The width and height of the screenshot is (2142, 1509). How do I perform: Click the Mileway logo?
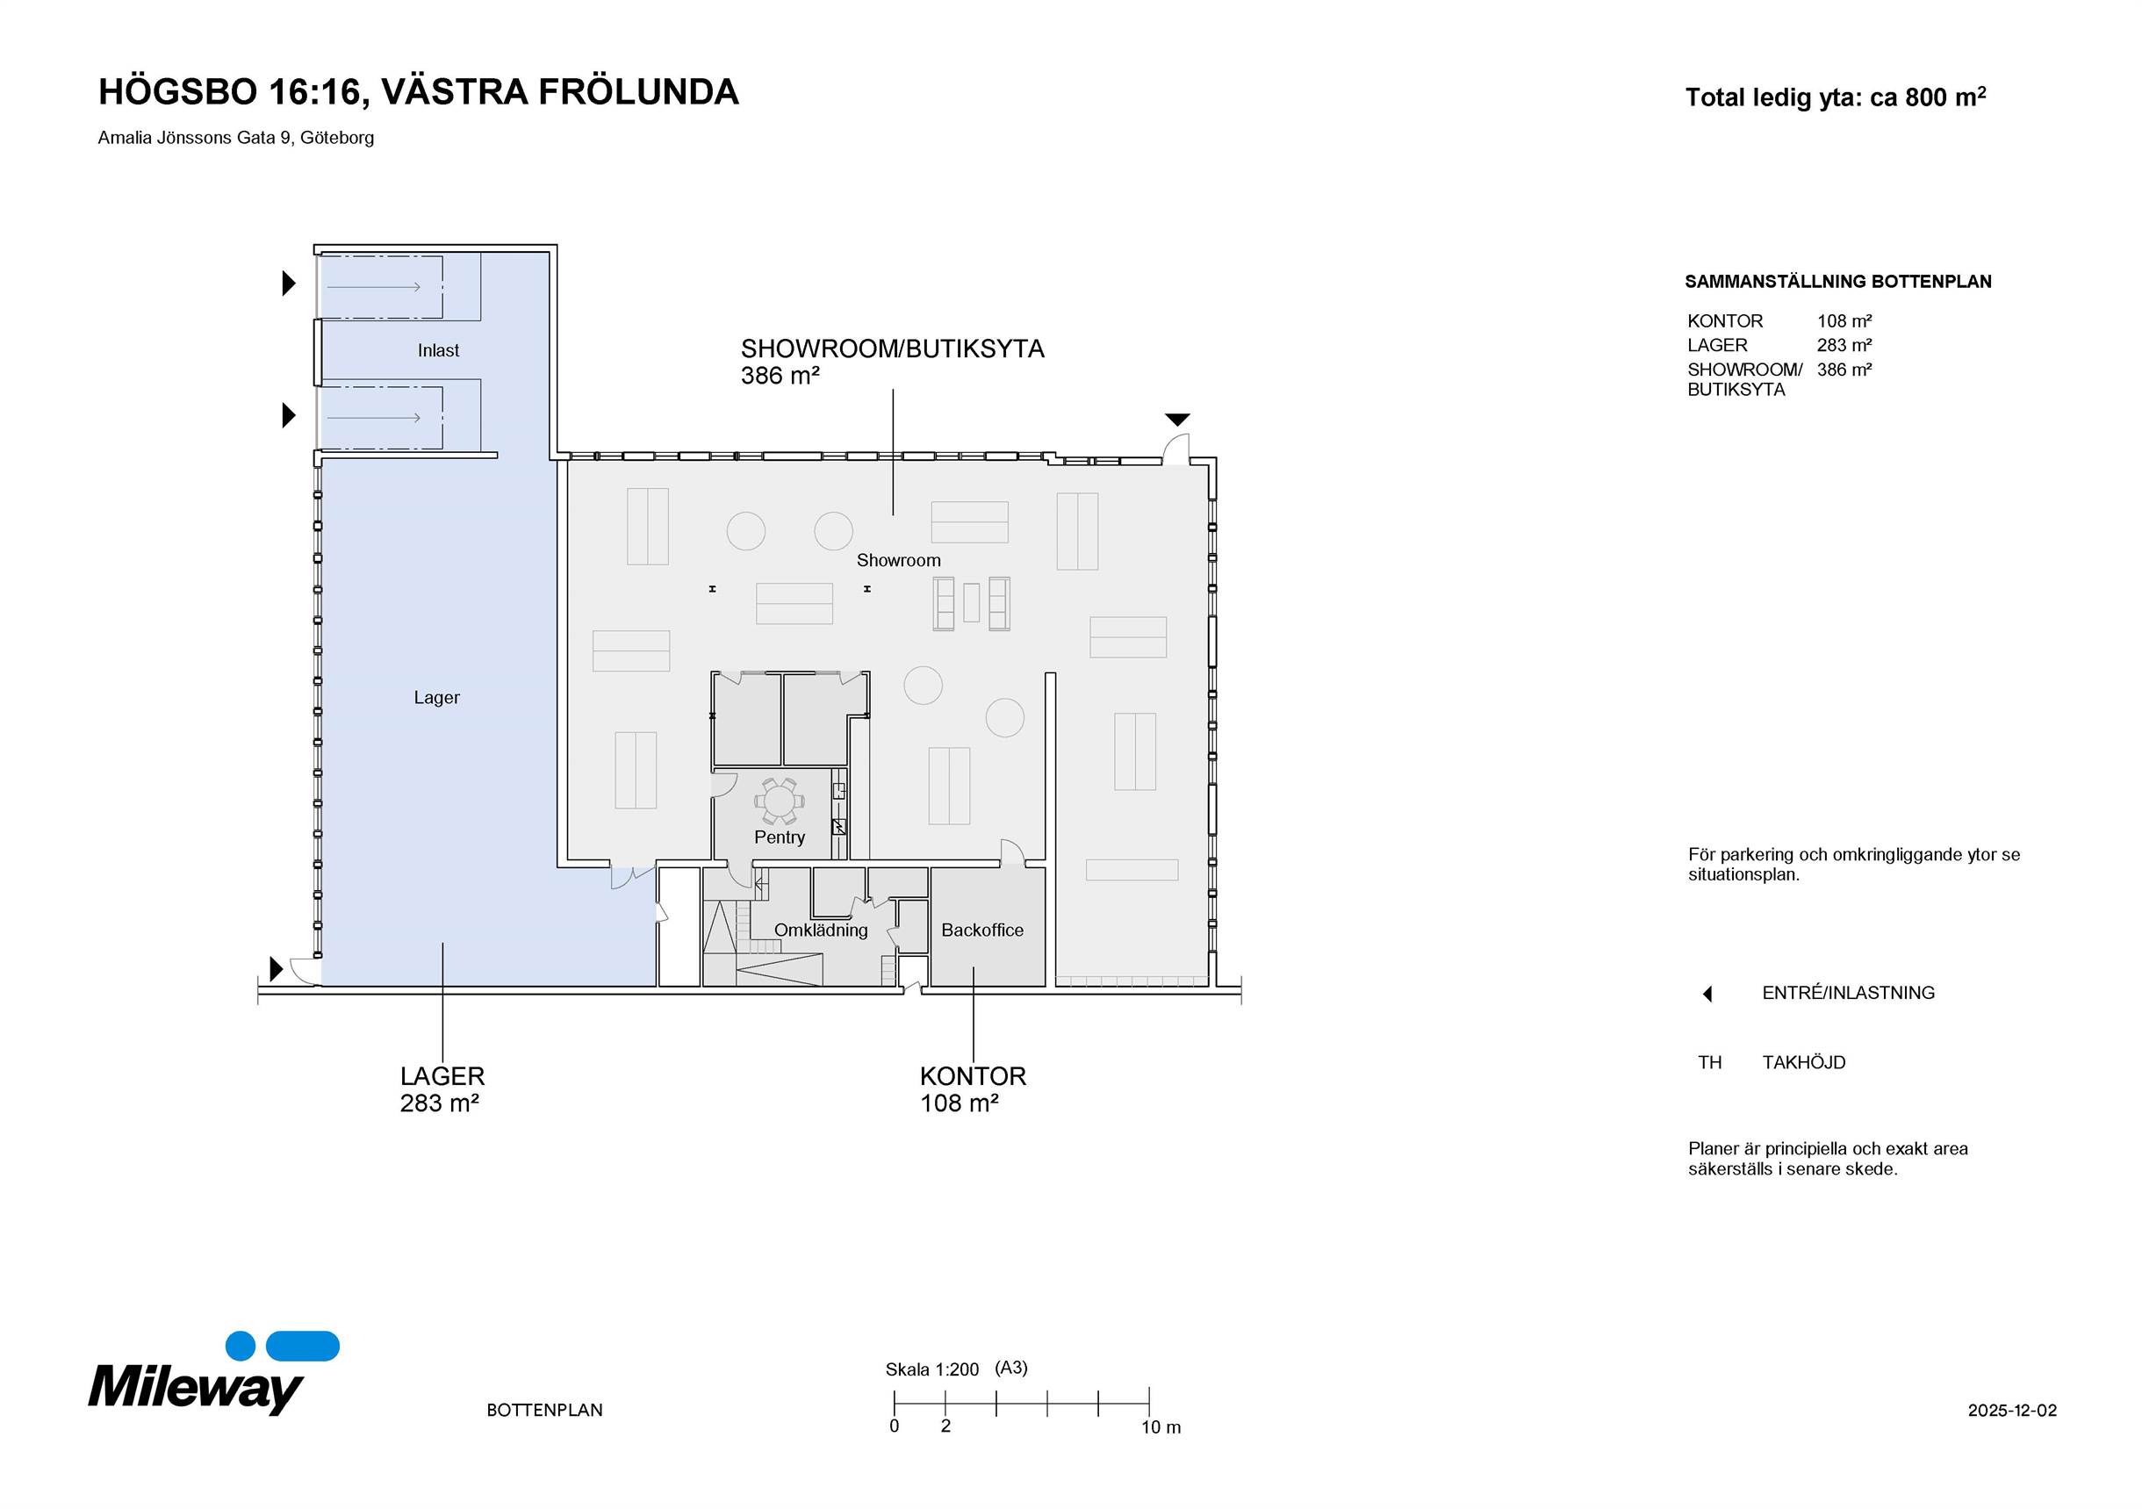213,1373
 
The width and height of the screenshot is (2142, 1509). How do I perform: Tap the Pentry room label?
779,837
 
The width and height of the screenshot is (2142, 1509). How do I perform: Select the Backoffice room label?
982,930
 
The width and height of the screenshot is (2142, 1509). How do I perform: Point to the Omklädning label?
821,931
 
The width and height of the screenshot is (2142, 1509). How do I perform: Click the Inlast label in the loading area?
438,350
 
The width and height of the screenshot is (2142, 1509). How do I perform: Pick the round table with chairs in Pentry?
779,801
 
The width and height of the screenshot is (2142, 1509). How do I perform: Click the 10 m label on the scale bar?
1161,1427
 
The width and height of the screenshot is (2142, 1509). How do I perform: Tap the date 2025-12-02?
2012,1410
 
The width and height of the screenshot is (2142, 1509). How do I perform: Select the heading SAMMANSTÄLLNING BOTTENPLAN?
1838,282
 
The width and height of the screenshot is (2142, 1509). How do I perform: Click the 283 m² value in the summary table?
1844,345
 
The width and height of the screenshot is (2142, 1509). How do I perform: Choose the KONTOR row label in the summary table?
1725,320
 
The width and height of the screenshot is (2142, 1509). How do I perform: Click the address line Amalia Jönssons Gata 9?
236,138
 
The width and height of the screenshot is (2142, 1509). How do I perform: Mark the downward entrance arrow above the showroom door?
1177,420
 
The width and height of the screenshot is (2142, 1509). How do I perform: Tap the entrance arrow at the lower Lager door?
277,969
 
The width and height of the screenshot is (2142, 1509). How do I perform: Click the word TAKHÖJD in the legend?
1803,1062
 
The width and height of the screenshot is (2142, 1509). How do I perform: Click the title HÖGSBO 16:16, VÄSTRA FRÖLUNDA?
419,92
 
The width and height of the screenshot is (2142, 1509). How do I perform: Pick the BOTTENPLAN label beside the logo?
545,1410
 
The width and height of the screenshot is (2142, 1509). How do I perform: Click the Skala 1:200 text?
932,1370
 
